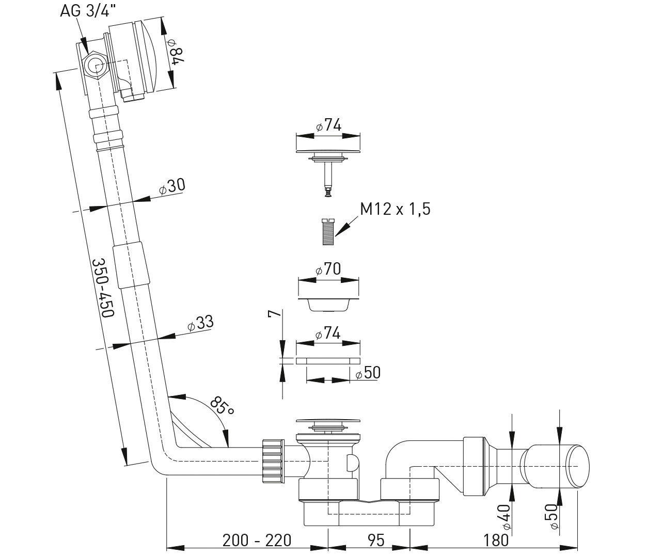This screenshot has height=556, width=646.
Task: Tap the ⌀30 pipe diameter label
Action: coord(172,186)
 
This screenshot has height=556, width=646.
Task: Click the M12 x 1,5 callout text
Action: coord(395,209)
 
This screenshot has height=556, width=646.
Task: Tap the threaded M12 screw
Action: coord(327,232)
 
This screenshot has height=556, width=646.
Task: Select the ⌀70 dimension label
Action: coord(328,269)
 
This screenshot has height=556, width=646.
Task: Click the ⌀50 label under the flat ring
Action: coord(368,373)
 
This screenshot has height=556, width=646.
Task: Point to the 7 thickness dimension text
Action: coord(275,313)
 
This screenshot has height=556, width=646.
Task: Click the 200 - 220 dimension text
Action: coord(257,540)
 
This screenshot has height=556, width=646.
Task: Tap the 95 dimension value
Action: coord(376,540)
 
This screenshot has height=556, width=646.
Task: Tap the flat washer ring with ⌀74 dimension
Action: coord(328,360)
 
